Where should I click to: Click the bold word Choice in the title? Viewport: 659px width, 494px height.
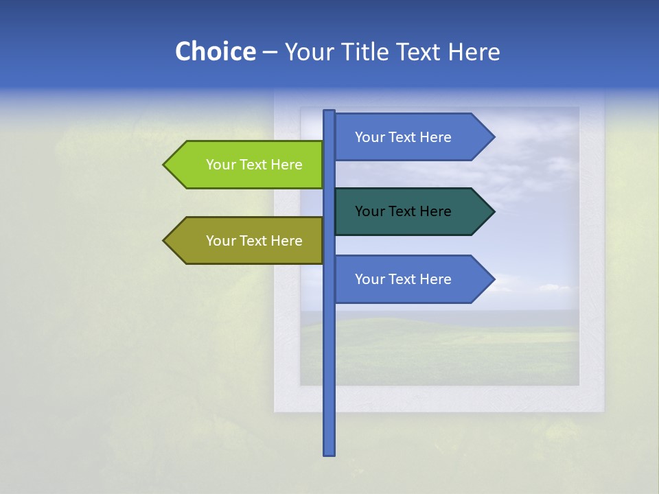(x=215, y=51)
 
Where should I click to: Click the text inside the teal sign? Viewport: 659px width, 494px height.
(x=403, y=211)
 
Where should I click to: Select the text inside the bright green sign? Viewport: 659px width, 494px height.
(x=254, y=165)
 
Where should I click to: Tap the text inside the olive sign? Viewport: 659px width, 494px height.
(x=254, y=241)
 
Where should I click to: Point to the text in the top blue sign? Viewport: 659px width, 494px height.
(x=403, y=137)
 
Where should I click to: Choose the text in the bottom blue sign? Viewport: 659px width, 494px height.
(x=403, y=279)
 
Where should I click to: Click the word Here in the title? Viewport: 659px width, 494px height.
(x=474, y=51)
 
